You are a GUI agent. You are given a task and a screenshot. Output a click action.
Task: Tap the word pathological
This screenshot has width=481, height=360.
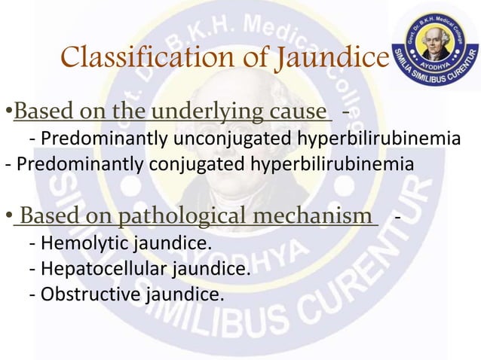point(173,218)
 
